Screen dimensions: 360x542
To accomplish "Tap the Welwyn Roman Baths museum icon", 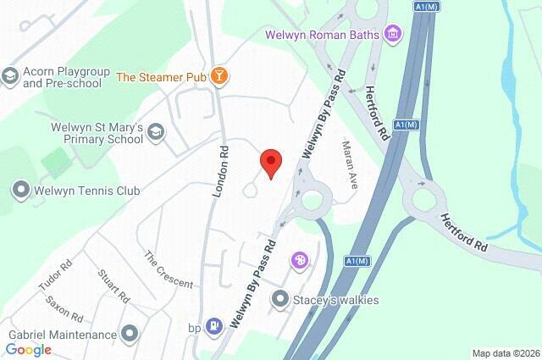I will coord(393,35).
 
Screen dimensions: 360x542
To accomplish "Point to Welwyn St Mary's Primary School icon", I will coord(156,132).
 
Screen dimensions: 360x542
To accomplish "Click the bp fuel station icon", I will coord(215,325).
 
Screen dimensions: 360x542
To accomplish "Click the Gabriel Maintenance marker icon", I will coord(130,333).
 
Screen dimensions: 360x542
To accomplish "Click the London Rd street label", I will coord(220,180).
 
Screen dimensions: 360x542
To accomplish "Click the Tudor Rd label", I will coord(51,276).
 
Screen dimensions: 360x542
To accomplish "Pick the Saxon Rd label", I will coord(64,308).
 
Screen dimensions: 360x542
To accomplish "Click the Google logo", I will coord(29,349).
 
